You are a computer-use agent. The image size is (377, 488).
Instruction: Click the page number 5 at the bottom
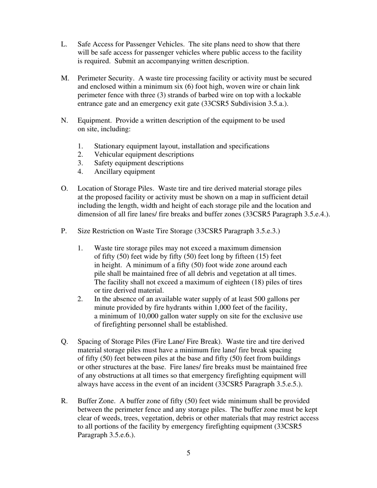pos(188,453)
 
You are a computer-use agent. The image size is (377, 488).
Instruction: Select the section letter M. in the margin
pos(65,78)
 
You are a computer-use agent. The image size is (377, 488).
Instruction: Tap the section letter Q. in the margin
pos(65,342)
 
